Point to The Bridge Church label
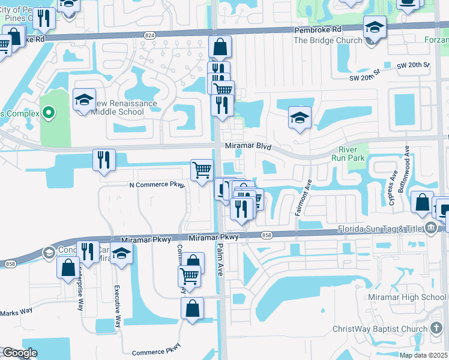tap(327, 41)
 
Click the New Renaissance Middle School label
tap(123, 107)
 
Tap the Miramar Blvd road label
tap(248, 146)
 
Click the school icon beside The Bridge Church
tap(375, 27)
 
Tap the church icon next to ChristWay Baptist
tap(436, 329)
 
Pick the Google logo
tap(19, 353)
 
